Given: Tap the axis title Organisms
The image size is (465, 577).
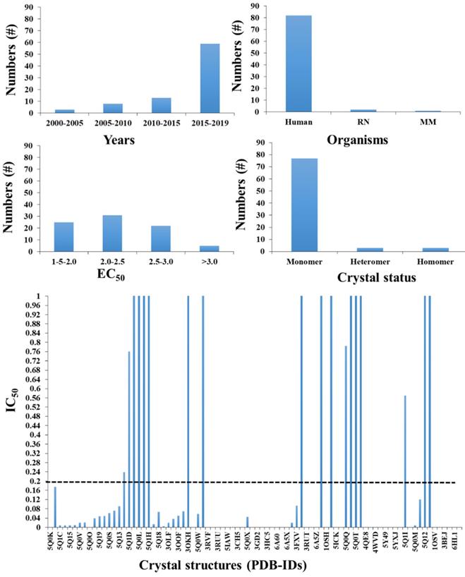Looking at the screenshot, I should pyautogui.click(x=358, y=140).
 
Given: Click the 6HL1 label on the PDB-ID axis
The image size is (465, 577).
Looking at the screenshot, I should pyautogui.click(x=455, y=541).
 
